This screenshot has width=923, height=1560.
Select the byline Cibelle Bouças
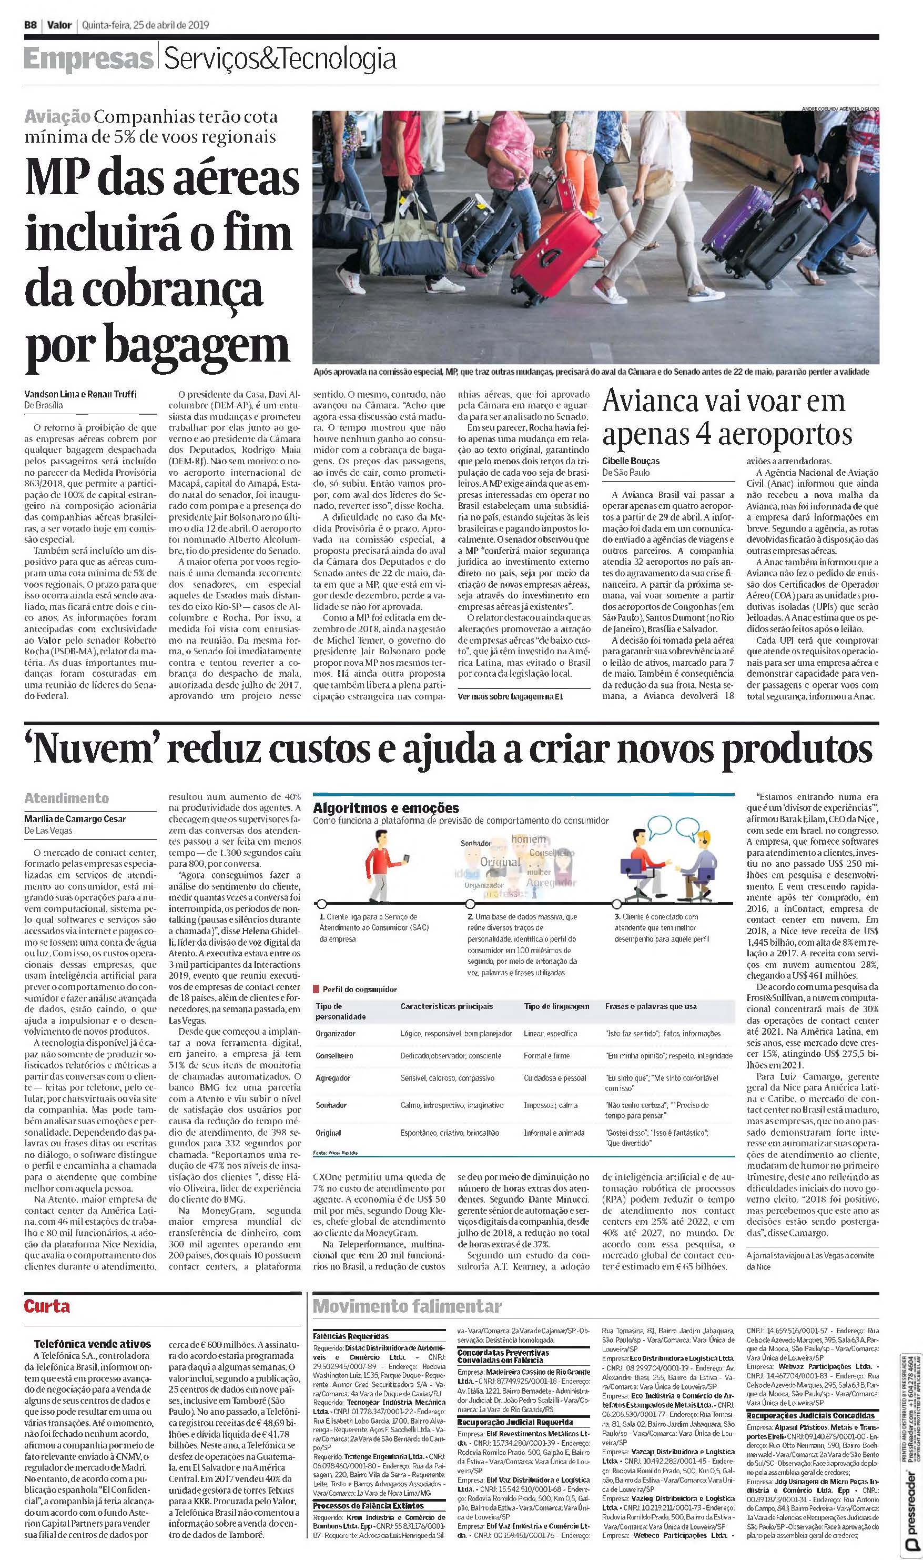631,461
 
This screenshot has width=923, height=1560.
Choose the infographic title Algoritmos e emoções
386,808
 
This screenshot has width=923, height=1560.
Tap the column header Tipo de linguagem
556,1006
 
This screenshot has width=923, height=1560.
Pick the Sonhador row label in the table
331,1105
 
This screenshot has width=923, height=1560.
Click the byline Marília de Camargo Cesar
74,819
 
